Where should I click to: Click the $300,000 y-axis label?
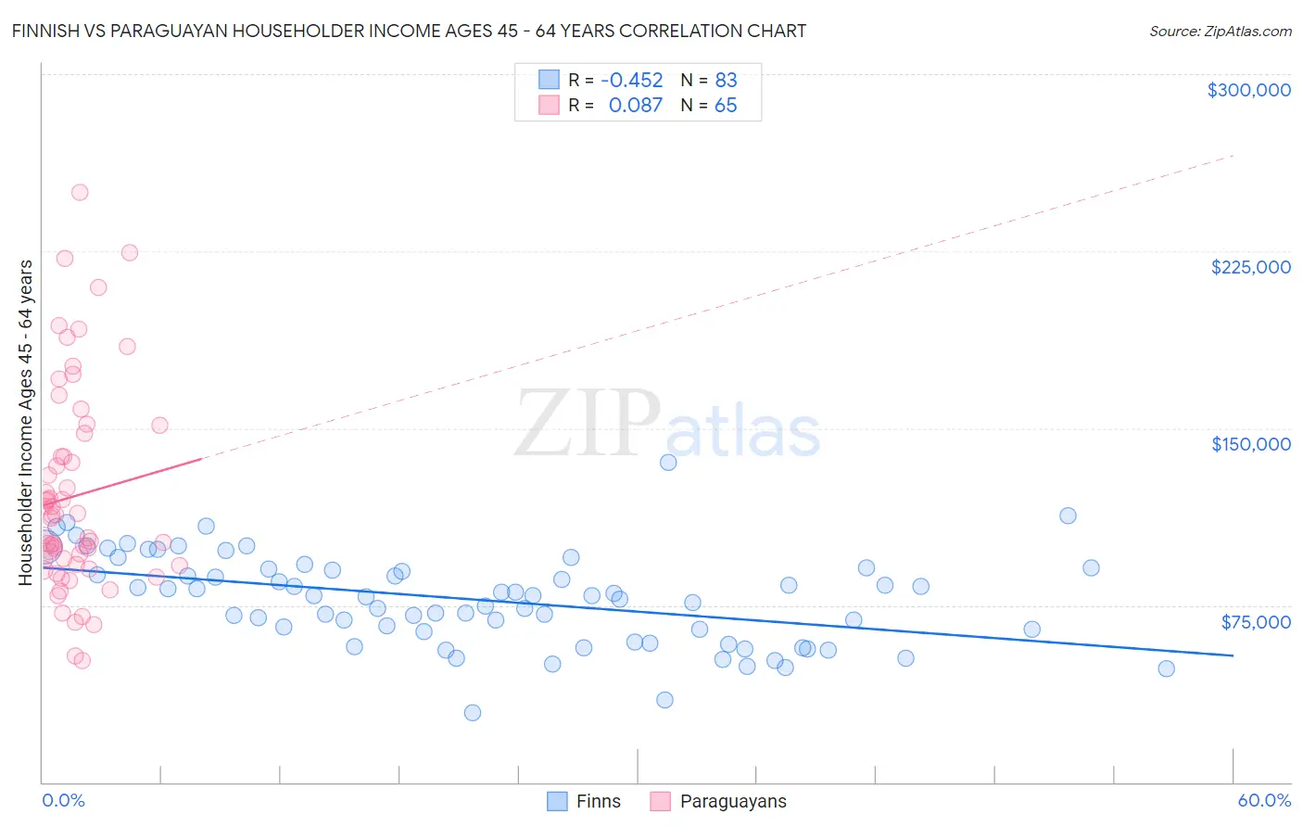click(1248, 90)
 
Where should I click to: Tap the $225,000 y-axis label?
click(1250, 267)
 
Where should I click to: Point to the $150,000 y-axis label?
click(1250, 444)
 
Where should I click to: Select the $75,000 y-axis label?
click(1255, 622)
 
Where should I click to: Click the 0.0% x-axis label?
click(63, 800)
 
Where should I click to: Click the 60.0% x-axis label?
click(1263, 800)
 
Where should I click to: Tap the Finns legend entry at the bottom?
click(584, 801)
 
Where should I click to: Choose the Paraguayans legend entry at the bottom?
click(718, 801)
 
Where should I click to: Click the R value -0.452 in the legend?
click(632, 80)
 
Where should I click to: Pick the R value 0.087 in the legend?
click(635, 105)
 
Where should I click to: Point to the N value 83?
click(726, 80)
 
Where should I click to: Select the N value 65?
click(726, 105)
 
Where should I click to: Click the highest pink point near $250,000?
click(80, 193)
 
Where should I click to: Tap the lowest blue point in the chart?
click(473, 712)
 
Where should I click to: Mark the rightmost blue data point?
click(1166, 668)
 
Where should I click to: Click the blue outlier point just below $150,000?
click(668, 462)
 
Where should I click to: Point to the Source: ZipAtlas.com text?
click(1220, 31)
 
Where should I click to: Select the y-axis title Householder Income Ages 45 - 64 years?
click(25, 422)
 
